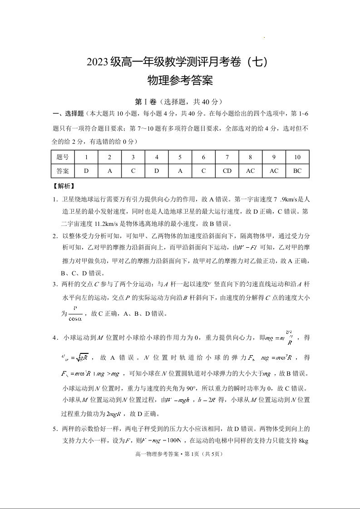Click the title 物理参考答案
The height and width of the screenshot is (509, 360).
[180, 81]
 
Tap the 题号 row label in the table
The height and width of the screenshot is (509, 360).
[63, 157]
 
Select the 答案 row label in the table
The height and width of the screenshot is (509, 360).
[63, 171]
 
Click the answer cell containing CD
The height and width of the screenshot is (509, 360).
[227, 171]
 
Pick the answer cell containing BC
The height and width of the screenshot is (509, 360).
[297, 171]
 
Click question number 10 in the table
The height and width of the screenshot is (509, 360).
[297, 157]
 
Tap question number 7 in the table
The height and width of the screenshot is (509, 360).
[227, 157]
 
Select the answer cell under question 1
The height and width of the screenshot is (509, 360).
[86, 171]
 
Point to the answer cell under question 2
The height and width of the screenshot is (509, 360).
[110, 171]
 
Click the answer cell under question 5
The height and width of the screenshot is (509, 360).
[180, 171]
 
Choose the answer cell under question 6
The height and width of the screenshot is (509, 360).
[203, 171]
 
